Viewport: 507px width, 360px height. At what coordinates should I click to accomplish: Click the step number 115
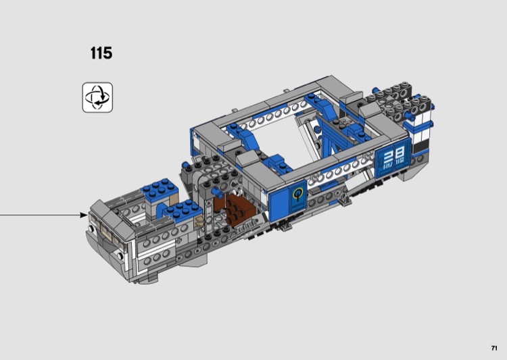pyautogui.click(x=101, y=53)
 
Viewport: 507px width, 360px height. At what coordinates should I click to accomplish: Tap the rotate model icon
pyautogui.click(x=97, y=97)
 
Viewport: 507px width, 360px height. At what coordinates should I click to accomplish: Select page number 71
pyautogui.click(x=494, y=348)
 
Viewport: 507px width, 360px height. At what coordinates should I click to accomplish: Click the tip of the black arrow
pyautogui.click(x=87, y=215)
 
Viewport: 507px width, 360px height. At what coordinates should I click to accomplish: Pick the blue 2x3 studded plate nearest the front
pyautogui.click(x=182, y=210)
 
